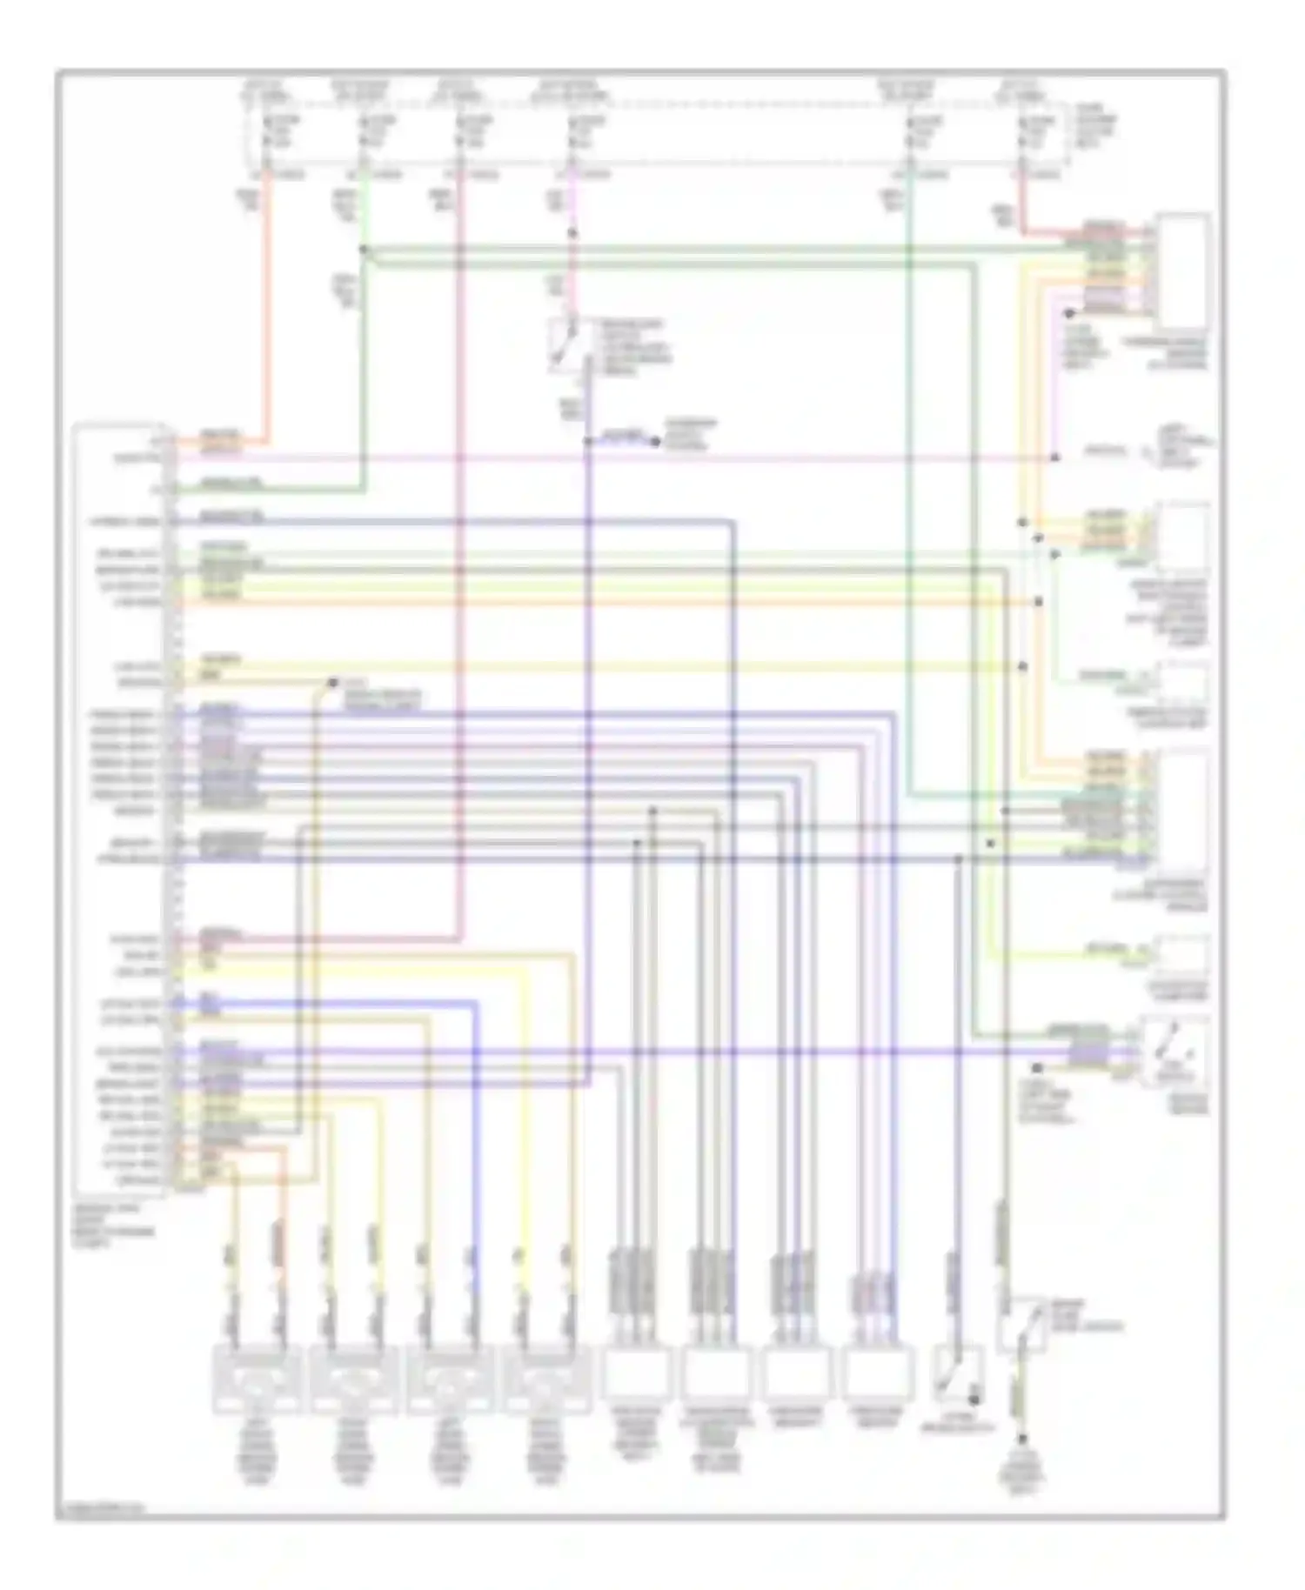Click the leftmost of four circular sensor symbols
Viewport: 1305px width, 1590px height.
pos(256,1378)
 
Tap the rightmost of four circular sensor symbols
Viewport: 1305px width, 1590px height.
pos(546,1378)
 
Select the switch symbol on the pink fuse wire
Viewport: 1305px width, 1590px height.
pos(567,344)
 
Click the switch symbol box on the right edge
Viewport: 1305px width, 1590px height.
pos(1174,1051)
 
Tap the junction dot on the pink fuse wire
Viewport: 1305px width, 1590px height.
pos(572,233)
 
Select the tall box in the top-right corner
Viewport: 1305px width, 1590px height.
pos(1183,271)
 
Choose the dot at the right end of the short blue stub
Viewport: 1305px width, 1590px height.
pos(656,442)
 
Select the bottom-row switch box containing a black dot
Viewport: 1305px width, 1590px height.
pos(958,1374)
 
